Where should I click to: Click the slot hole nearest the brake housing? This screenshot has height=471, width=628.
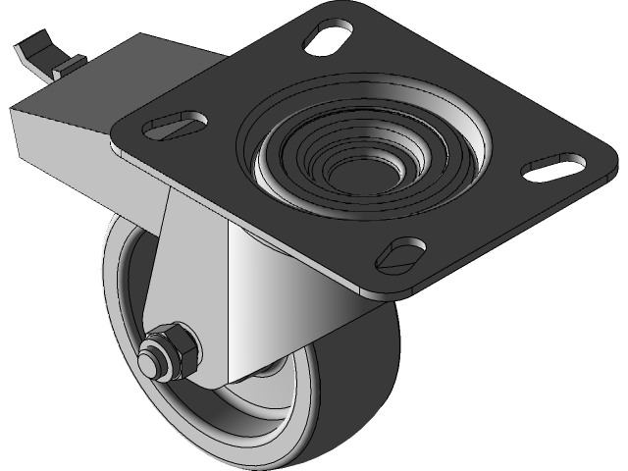[x=177, y=126]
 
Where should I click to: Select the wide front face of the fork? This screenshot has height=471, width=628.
[x=285, y=294]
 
